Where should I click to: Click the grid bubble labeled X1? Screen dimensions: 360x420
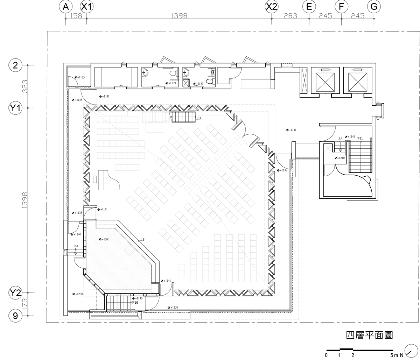click(87, 7)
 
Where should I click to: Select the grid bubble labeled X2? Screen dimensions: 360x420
click(272, 7)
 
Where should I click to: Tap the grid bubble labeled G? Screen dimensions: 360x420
click(374, 7)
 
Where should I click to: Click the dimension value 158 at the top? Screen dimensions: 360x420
click(76, 16)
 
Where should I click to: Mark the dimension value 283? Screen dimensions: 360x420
click(290, 16)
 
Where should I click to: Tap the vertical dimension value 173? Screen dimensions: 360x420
click(24, 304)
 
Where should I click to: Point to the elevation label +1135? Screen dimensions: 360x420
click(79, 77)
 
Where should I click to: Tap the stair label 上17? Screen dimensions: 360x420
click(198, 119)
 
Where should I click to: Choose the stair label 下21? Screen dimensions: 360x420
click(360, 139)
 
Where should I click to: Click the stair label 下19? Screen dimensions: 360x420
click(135, 303)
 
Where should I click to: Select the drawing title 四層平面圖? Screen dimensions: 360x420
click(369, 336)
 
